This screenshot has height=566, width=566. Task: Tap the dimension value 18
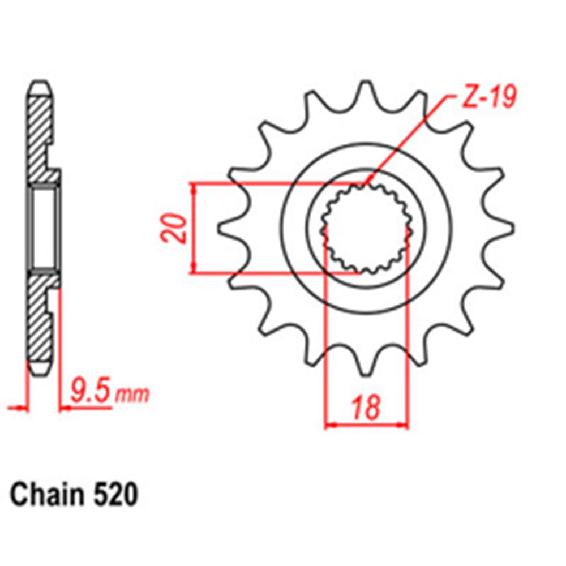[365, 408]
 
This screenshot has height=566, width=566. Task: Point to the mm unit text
[132, 395]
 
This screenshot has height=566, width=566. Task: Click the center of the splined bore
[366, 229]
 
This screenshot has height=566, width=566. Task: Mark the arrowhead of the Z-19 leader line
[368, 184]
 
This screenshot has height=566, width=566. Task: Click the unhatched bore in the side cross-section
[44, 229]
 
